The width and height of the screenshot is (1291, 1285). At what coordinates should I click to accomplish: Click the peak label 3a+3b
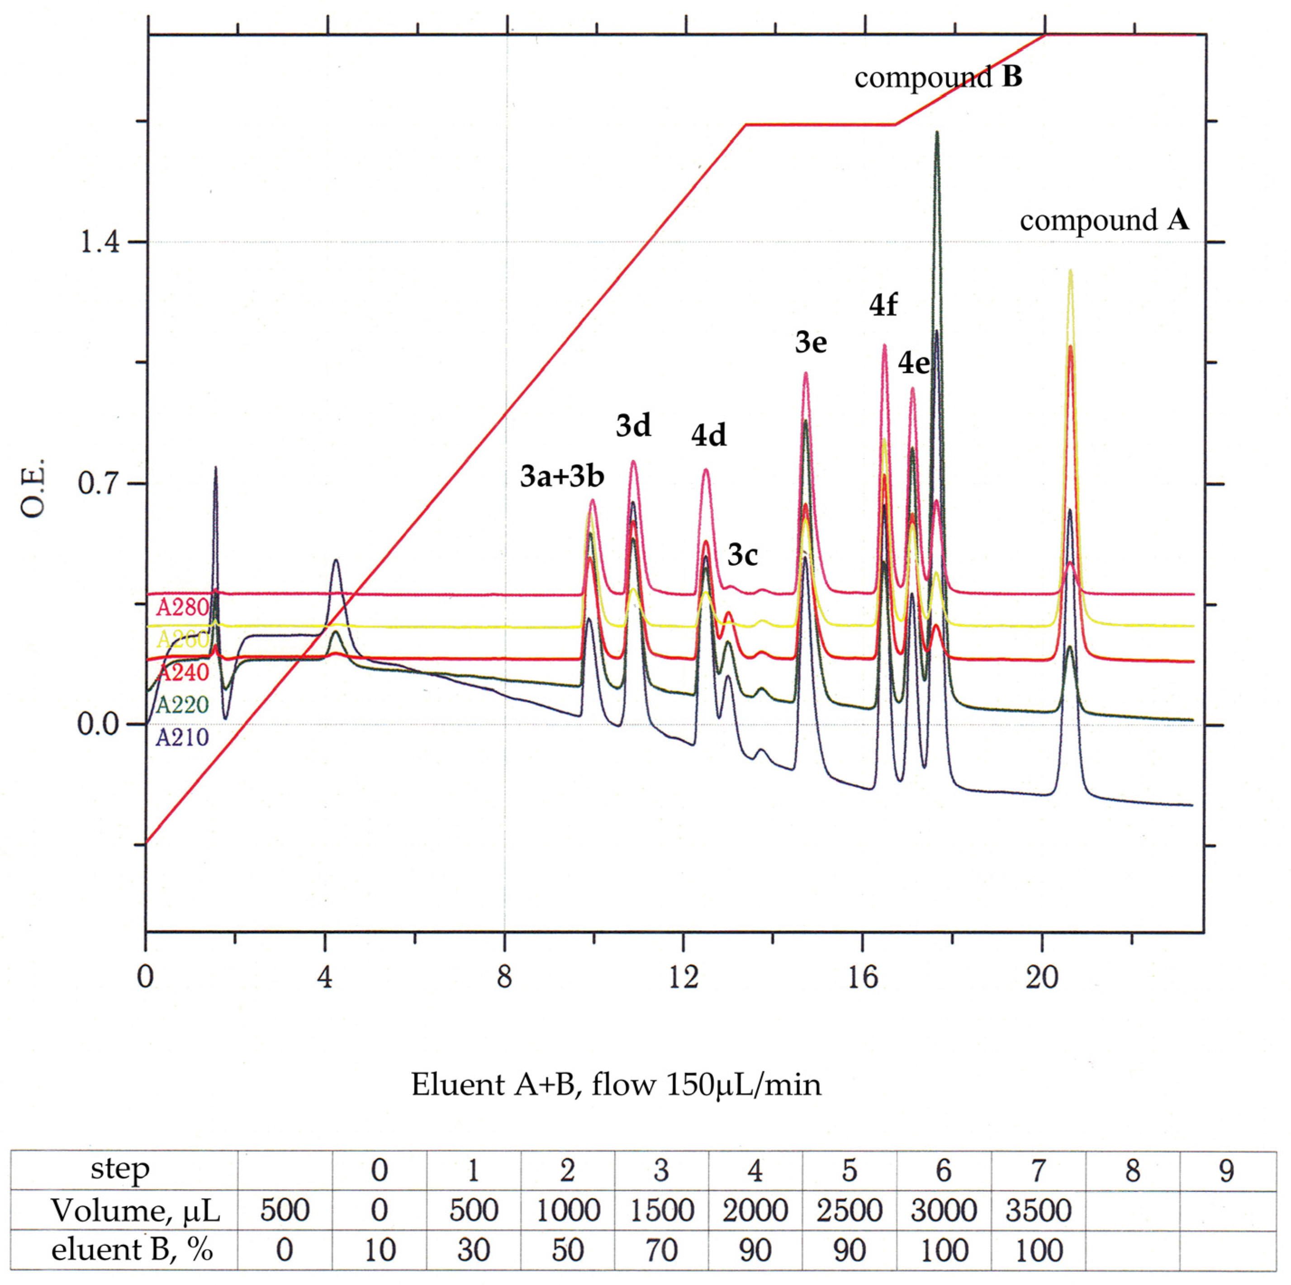point(562,477)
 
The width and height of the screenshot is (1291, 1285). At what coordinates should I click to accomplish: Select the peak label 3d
point(633,426)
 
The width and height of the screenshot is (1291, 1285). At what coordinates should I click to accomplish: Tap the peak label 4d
point(708,436)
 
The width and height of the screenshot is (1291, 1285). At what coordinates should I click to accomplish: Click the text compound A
point(1104,220)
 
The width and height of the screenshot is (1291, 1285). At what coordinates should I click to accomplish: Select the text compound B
point(938,77)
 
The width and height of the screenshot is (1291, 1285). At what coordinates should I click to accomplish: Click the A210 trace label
point(182,737)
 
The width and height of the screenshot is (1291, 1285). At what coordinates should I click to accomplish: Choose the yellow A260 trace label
point(182,640)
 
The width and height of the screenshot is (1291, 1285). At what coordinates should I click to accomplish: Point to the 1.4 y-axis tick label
point(100,242)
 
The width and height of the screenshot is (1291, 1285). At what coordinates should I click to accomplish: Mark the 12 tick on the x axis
point(683,977)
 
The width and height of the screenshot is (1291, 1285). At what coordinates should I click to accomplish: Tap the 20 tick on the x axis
point(1042,977)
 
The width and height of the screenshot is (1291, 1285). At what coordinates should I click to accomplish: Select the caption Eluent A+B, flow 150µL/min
point(616,1085)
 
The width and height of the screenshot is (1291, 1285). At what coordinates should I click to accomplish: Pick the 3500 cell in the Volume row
point(1038,1210)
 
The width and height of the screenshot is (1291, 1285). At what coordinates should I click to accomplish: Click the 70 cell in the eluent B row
point(661,1250)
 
